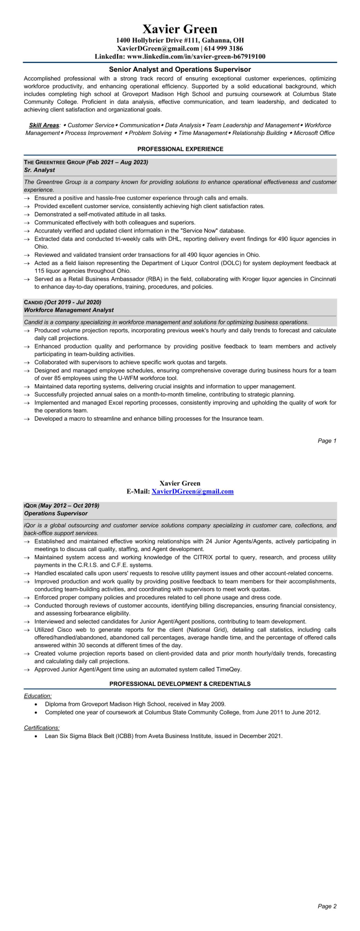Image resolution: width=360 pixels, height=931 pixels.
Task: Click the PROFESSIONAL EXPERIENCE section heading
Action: [180, 149]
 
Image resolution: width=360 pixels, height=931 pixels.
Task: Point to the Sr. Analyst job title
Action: [39, 170]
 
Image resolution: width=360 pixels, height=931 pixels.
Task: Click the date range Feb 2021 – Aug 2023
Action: [117, 162]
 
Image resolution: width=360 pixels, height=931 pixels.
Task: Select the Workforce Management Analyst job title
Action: [68, 310]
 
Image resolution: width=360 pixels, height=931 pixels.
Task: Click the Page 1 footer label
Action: [327, 440]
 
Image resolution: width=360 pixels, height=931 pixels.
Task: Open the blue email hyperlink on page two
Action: [193, 492]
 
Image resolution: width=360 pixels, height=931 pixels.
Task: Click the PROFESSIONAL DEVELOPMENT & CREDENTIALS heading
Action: [180, 684]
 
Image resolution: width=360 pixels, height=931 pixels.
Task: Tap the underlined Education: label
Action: [38, 696]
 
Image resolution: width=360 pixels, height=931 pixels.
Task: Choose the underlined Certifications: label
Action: [42, 728]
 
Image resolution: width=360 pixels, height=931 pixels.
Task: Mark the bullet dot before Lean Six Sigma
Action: [36, 736]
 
